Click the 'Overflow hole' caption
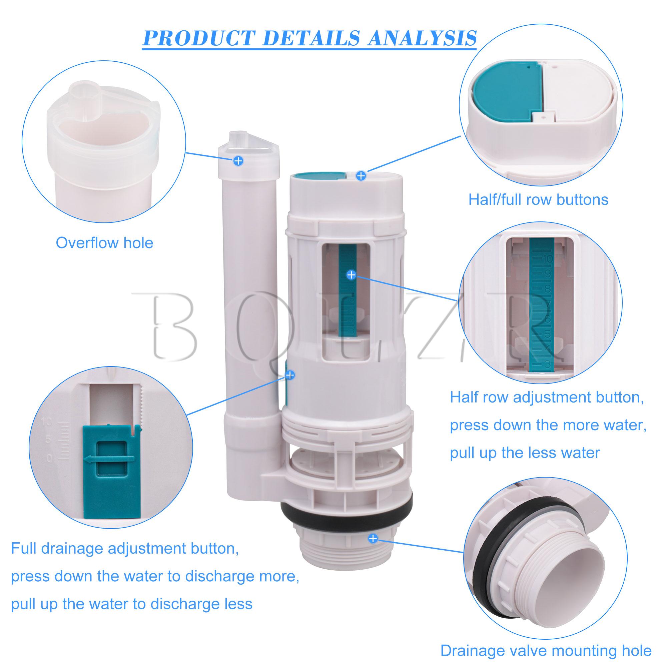[104, 243]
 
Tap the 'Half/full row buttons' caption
[538, 199]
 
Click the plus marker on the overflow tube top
[238, 160]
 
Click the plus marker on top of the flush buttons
[361, 176]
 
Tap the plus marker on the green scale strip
[351, 275]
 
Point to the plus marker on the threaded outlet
[373, 548]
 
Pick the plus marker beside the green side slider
[290, 375]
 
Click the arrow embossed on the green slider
[109, 459]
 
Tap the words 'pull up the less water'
[525, 453]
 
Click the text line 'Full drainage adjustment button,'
[125, 549]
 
